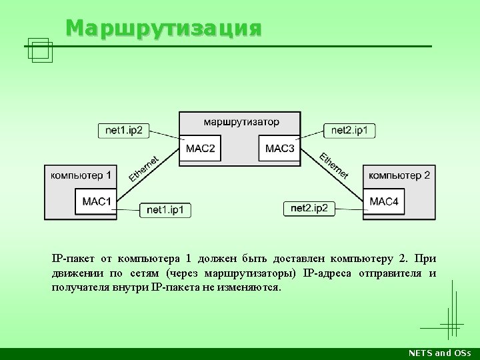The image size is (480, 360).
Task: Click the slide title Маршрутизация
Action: pyautogui.click(x=164, y=29)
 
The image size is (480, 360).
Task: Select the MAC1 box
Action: pyautogui.click(x=96, y=201)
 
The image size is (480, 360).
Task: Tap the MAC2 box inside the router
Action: pyautogui.click(x=200, y=148)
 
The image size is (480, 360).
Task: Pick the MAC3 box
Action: pyautogui.click(x=279, y=148)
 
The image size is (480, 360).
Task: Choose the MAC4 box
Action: pyautogui.click(x=384, y=201)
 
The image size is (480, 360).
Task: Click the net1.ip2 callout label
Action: pyautogui.click(x=123, y=130)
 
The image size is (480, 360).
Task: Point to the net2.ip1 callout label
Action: pyautogui.click(x=349, y=129)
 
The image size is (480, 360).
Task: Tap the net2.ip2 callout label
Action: pyautogui.click(x=309, y=209)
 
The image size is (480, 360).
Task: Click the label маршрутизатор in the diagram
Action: pyautogui.click(x=241, y=122)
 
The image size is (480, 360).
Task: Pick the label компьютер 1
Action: pyautogui.click(x=81, y=175)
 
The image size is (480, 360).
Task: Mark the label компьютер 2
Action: pyautogui.click(x=399, y=175)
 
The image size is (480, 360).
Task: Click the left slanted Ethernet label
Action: pyautogui.click(x=144, y=168)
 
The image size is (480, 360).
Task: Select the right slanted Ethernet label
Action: pyautogui.click(x=334, y=166)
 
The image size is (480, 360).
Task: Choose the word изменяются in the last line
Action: pyautogui.click(x=251, y=287)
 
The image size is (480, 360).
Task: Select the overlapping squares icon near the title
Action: pyautogui.click(x=40, y=51)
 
